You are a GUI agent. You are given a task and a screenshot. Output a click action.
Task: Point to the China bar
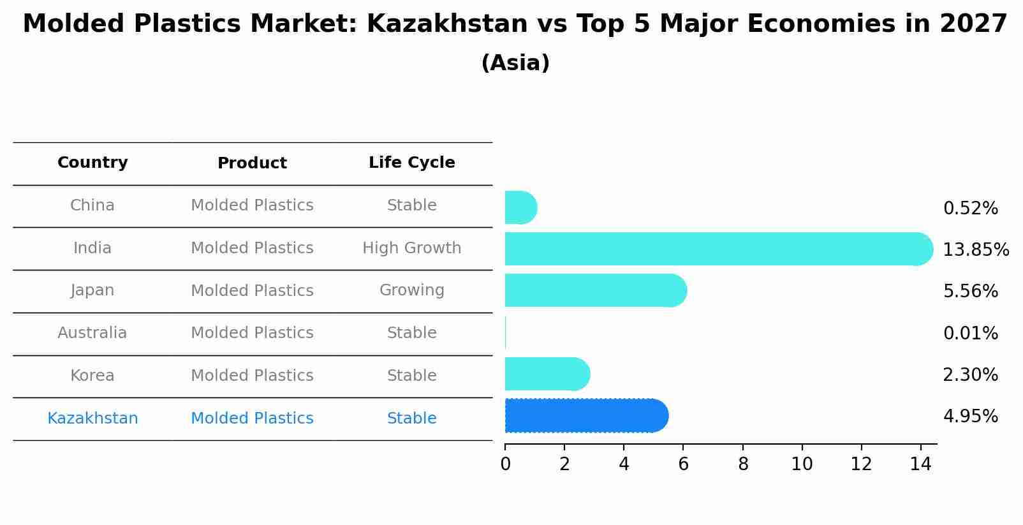click(520, 207)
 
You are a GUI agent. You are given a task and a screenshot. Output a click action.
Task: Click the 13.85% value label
click(975, 249)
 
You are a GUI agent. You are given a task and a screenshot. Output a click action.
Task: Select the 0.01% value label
click(970, 333)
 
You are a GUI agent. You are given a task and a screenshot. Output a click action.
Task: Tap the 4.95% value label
click(970, 417)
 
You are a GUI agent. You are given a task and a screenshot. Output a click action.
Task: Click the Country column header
click(92, 163)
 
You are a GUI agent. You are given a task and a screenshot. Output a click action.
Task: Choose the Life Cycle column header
click(411, 163)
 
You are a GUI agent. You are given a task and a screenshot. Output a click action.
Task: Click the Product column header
click(252, 163)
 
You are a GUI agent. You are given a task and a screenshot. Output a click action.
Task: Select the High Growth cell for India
click(411, 248)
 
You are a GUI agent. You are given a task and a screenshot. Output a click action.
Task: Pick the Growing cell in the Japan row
click(411, 290)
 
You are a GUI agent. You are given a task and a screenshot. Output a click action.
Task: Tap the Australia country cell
click(92, 333)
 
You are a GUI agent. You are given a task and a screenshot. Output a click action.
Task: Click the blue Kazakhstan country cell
click(92, 418)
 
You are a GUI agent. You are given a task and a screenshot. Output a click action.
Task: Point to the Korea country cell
click(92, 376)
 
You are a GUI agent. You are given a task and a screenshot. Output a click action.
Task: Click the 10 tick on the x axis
click(802, 464)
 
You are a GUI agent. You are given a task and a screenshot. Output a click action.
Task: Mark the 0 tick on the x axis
click(505, 464)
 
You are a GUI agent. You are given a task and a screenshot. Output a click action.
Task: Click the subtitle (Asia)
click(515, 63)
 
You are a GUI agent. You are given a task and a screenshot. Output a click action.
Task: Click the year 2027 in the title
click(973, 24)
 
